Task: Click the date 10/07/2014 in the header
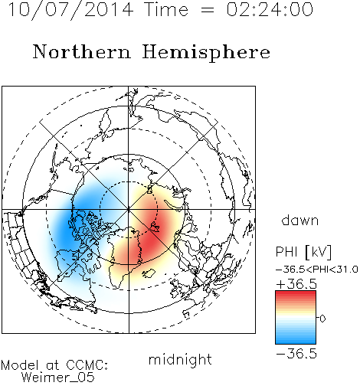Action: tap(70, 10)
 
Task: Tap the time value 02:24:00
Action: tap(270, 9)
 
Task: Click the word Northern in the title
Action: tap(82, 51)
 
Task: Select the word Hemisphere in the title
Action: tap(206, 53)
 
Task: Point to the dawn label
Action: tap(300, 220)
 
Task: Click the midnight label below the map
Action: tap(180, 359)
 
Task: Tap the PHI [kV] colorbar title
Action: tap(303, 252)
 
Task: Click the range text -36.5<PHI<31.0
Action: tap(316, 270)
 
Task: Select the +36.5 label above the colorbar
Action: tap(296, 284)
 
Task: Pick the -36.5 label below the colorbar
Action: tap(296, 354)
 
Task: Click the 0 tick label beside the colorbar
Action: tap(322, 319)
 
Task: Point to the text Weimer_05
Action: tap(58, 378)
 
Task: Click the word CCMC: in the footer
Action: tap(87, 365)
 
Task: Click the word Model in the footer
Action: tap(20, 365)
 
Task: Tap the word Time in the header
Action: tap(166, 10)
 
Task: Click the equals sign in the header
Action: tap(207, 10)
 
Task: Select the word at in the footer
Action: tap(52, 365)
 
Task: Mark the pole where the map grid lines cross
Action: tap(129, 209)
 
